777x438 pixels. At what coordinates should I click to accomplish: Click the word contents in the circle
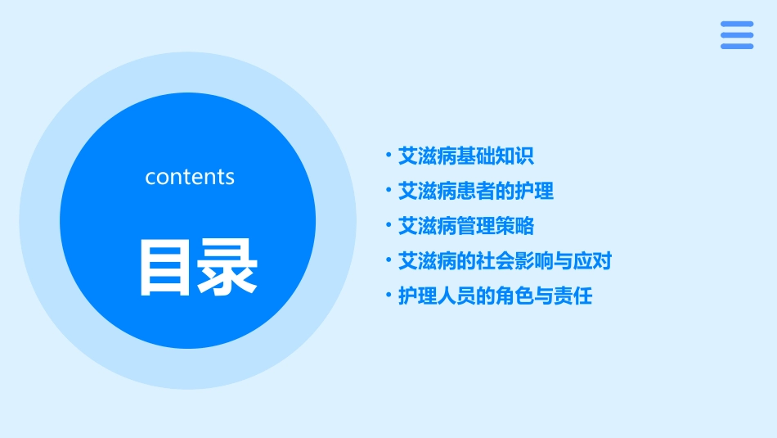[x=190, y=177]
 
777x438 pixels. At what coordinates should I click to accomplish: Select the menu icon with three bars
[x=737, y=35]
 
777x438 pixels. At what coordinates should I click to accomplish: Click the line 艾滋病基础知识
[x=465, y=156]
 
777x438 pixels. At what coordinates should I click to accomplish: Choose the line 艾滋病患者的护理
[x=475, y=191]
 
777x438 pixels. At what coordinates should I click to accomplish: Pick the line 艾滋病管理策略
[x=465, y=226]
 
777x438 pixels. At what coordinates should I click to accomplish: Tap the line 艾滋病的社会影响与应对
[x=505, y=261]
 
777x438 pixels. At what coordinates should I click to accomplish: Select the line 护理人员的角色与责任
[x=495, y=296]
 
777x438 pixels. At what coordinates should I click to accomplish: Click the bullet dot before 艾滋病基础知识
[x=388, y=155]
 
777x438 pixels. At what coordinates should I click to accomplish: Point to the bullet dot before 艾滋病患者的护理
[x=388, y=190]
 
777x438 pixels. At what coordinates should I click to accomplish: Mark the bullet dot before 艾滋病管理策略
[x=388, y=225]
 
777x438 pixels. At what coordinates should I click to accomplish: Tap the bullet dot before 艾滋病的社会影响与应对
[x=388, y=260]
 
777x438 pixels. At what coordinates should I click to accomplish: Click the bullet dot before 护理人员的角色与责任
[x=388, y=296]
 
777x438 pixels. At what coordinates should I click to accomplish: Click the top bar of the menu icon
[x=737, y=24]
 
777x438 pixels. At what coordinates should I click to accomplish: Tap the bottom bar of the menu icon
[x=737, y=47]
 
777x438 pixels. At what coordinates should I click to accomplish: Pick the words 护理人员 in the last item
[x=436, y=296]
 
